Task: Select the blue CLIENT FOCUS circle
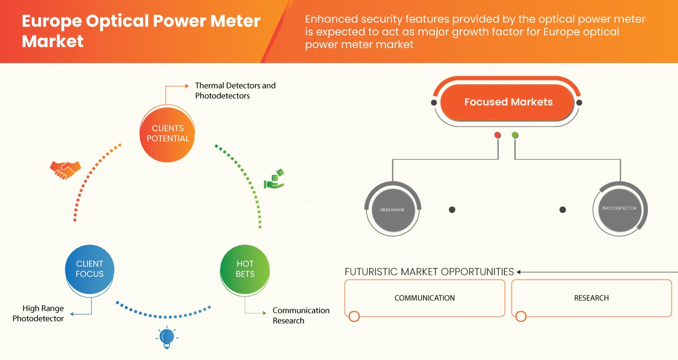[90, 269]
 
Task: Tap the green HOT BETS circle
[245, 269]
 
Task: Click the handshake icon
[65, 169]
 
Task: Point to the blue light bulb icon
[167, 337]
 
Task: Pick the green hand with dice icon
[274, 179]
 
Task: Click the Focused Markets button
[508, 102]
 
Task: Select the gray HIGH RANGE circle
[392, 210]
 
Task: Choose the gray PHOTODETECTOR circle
[619, 209]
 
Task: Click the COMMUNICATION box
[424, 298]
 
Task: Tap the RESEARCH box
[591, 298]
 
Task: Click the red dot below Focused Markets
[497, 135]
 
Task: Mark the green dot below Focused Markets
[515, 135]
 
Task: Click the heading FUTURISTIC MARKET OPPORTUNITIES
[429, 272]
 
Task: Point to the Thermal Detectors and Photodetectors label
[235, 91]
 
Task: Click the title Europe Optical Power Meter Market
[141, 31]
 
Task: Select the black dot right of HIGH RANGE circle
[452, 210]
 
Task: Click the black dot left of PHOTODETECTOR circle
[563, 210]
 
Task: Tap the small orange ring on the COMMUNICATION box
[354, 317]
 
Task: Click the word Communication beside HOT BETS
[301, 310]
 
